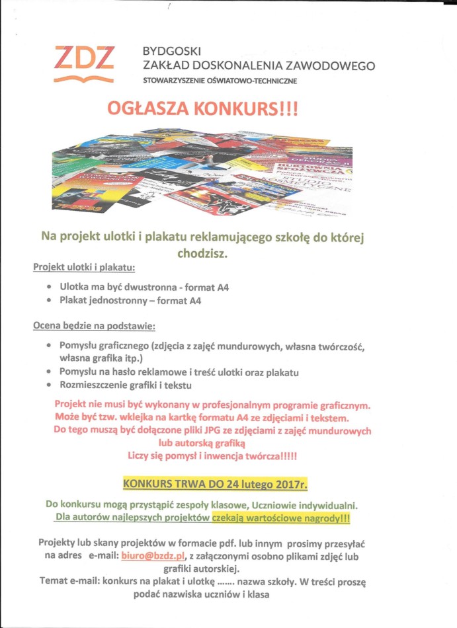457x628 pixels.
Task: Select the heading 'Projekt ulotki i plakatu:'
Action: (84, 267)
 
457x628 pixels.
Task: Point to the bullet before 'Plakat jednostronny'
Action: (51, 301)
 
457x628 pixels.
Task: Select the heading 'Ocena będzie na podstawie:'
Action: (93, 326)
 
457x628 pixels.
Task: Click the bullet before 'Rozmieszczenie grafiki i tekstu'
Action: (51, 385)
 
